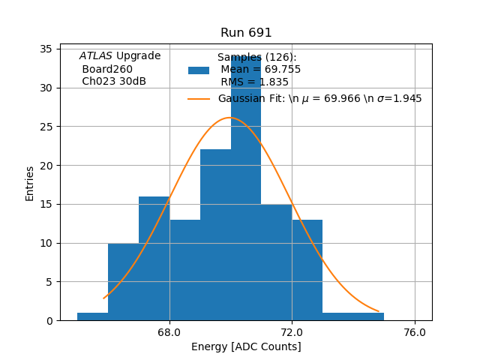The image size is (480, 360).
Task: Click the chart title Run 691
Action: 246,33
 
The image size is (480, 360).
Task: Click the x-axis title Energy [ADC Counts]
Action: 246,346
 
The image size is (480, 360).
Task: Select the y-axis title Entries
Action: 30,183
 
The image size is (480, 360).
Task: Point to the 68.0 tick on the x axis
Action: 169,331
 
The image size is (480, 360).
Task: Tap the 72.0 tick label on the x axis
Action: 292,331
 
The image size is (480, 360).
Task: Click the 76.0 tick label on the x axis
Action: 415,331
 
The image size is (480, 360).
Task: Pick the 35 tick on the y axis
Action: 46,49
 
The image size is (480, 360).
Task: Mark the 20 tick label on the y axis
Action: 46,166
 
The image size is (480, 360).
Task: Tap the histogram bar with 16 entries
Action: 154,259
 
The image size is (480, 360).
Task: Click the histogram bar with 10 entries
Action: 123,282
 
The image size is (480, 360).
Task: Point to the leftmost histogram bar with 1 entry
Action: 92,316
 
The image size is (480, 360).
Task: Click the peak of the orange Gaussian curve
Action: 230,118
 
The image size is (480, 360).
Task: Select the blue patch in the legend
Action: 199,70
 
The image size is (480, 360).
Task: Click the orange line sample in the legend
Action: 199,99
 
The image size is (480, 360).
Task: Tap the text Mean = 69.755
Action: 260,70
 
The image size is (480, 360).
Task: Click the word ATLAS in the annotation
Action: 95,56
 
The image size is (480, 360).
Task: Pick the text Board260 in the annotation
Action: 107,69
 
